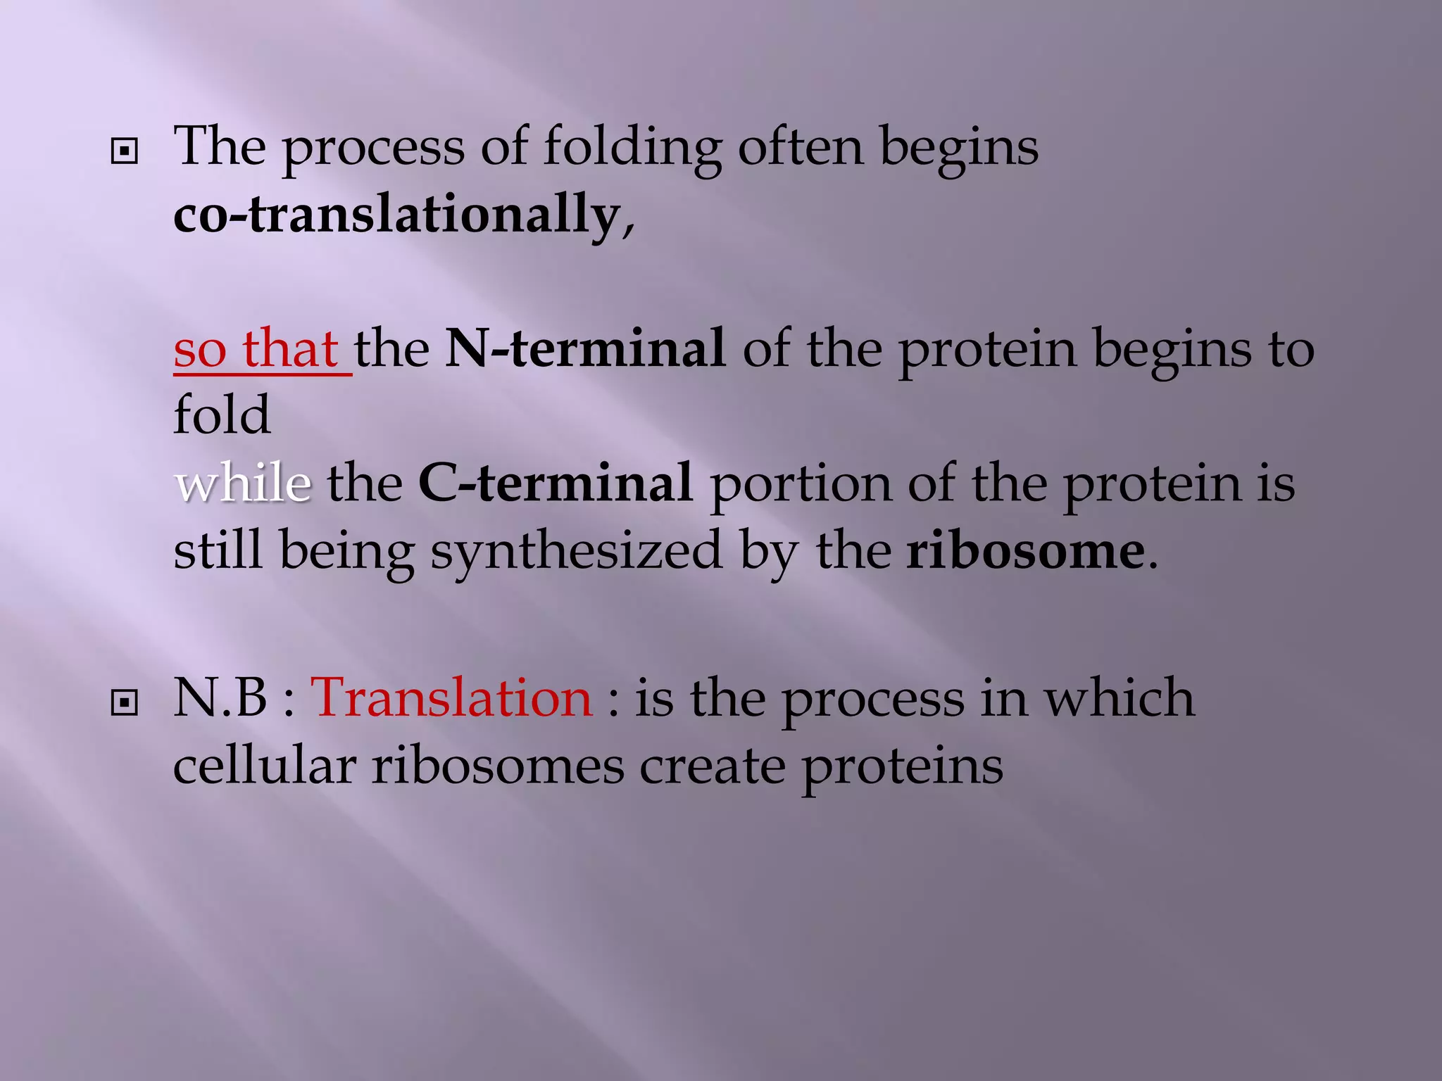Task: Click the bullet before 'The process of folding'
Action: coord(125,151)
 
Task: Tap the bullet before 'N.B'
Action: coord(125,702)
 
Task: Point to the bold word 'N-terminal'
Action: coord(585,348)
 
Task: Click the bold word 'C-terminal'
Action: coord(556,483)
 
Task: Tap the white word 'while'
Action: coord(242,483)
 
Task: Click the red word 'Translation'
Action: coord(452,698)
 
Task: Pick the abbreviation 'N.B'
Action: coord(220,698)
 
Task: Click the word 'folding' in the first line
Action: coord(632,148)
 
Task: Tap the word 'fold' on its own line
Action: coord(222,415)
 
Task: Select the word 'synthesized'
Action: coord(577,552)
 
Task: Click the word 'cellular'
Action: coord(264,765)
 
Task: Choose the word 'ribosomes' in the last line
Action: coord(498,765)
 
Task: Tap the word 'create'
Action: coord(712,766)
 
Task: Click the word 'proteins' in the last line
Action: coord(903,766)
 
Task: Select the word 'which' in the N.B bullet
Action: coord(1119,698)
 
